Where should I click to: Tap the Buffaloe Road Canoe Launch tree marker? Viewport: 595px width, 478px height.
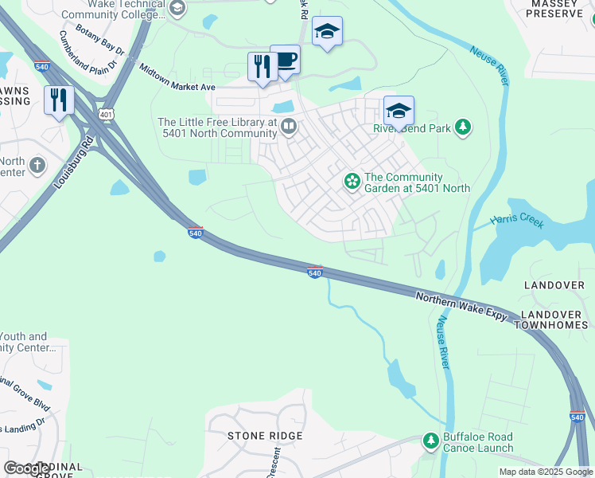pyautogui.click(x=430, y=441)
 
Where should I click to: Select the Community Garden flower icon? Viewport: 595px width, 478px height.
pyautogui.click(x=352, y=182)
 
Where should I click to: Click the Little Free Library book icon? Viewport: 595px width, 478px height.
pyautogui.click(x=290, y=125)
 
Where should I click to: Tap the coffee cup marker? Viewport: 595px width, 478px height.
pyautogui.click(x=285, y=60)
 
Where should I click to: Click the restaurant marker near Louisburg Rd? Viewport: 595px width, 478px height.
pyautogui.click(x=59, y=100)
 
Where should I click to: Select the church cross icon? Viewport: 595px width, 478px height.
pyautogui.click(x=37, y=167)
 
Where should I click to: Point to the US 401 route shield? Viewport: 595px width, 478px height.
pyautogui.click(x=105, y=116)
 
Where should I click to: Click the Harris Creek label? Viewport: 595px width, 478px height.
pyautogui.click(x=517, y=221)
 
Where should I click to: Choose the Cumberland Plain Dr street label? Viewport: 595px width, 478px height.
pyautogui.click(x=87, y=49)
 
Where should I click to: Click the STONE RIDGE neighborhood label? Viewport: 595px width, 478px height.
pyautogui.click(x=265, y=436)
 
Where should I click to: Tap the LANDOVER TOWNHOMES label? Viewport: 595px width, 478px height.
pyautogui.click(x=554, y=320)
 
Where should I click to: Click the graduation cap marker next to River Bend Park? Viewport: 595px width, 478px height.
pyautogui.click(x=399, y=110)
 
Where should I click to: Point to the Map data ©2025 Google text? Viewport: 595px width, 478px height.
pyautogui.click(x=546, y=472)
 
